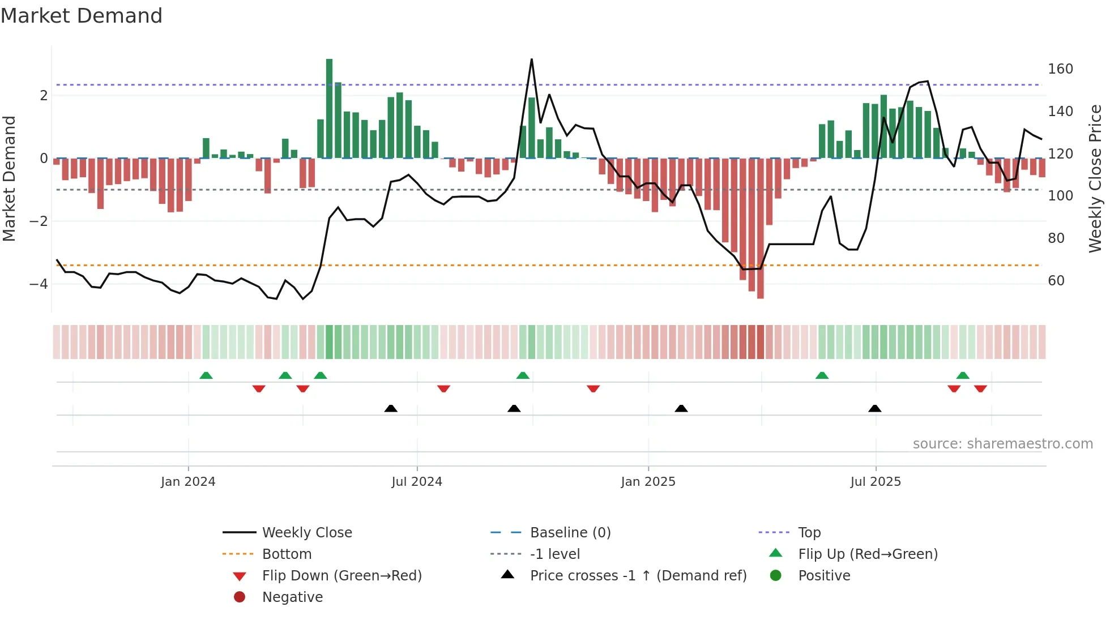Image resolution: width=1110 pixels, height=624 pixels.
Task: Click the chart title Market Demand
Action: pyautogui.click(x=82, y=16)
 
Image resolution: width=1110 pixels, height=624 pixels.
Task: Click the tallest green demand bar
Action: pyautogui.click(x=329, y=108)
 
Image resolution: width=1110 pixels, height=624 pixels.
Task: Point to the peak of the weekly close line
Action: pyautogui.click(x=531, y=59)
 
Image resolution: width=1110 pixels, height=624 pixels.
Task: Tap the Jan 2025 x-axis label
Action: pyautogui.click(x=648, y=482)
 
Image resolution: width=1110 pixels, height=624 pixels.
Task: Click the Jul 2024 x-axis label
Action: pyautogui.click(x=417, y=482)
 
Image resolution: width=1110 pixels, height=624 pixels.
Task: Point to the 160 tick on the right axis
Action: pyautogui.click(x=1060, y=69)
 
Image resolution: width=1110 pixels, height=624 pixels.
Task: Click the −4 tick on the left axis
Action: pyautogui.click(x=39, y=284)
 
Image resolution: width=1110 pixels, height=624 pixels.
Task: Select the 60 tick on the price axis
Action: pyautogui.click(x=1056, y=281)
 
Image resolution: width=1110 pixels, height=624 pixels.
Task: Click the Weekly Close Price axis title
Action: pyautogui.click(x=1095, y=178)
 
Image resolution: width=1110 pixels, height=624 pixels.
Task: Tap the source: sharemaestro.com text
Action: pyautogui.click(x=1002, y=444)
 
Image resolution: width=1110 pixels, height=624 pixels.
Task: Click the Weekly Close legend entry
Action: pyautogui.click(x=306, y=533)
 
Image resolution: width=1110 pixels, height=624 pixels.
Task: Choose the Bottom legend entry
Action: pyautogui.click(x=287, y=554)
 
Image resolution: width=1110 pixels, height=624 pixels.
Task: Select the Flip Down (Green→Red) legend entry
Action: pyautogui.click(x=341, y=576)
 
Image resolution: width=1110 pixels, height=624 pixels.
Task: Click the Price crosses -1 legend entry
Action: pyautogui.click(x=638, y=576)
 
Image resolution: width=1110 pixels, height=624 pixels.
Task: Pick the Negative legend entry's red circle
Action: pyautogui.click(x=240, y=597)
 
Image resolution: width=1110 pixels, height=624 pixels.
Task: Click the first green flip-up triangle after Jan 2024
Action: pyautogui.click(x=206, y=375)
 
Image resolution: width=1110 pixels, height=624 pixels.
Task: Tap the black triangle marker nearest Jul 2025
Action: pyautogui.click(x=874, y=408)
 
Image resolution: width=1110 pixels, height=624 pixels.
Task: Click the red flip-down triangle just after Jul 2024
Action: pyautogui.click(x=443, y=388)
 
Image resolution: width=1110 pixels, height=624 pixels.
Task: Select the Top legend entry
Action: pyautogui.click(x=809, y=533)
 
